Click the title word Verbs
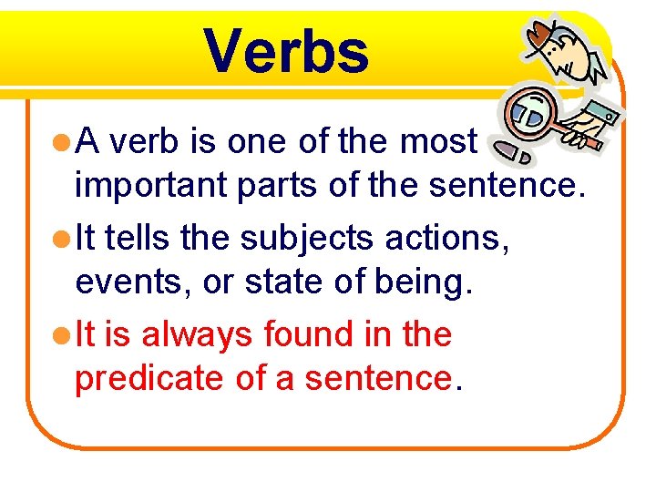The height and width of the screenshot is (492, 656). (286, 51)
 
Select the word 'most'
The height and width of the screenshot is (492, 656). (439, 141)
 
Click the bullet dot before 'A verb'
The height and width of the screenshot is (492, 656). (61, 142)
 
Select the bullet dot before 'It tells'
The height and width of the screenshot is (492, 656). (61, 239)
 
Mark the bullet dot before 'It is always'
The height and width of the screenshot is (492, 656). (61, 335)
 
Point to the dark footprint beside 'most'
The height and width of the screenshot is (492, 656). (521, 155)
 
